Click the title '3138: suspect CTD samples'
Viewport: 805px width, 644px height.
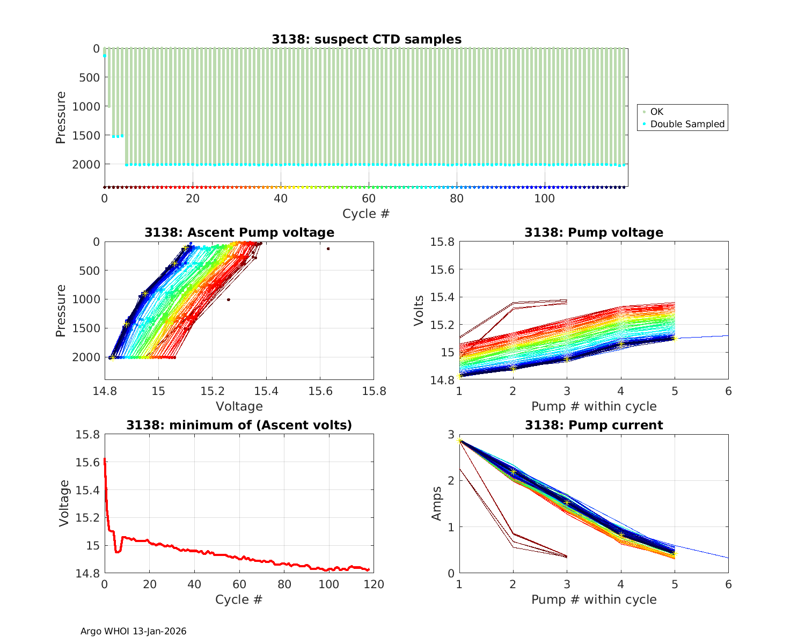coord(366,39)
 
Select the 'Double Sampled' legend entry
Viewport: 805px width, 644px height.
coord(687,124)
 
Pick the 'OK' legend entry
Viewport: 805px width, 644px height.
coord(656,112)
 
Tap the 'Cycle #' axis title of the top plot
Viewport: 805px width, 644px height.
coord(366,214)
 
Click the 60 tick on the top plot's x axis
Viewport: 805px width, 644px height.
coord(368,198)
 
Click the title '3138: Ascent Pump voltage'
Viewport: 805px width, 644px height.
coord(239,232)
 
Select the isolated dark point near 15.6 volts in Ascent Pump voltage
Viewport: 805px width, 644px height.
coord(328,248)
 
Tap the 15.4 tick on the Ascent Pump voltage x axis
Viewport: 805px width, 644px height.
coord(266,391)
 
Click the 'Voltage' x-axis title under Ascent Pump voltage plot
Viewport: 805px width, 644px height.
coord(239,406)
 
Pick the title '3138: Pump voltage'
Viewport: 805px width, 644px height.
coord(594,232)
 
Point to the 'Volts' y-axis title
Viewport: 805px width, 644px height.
coord(419,311)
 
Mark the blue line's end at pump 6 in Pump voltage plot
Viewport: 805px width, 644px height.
coord(728,336)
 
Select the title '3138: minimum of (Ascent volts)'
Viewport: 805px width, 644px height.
coord(239,425)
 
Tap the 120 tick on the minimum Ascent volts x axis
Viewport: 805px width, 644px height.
coord(374,584)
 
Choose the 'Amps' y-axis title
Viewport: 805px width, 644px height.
coord(437,503)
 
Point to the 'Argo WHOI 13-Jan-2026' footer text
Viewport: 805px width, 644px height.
coord(133,631)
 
